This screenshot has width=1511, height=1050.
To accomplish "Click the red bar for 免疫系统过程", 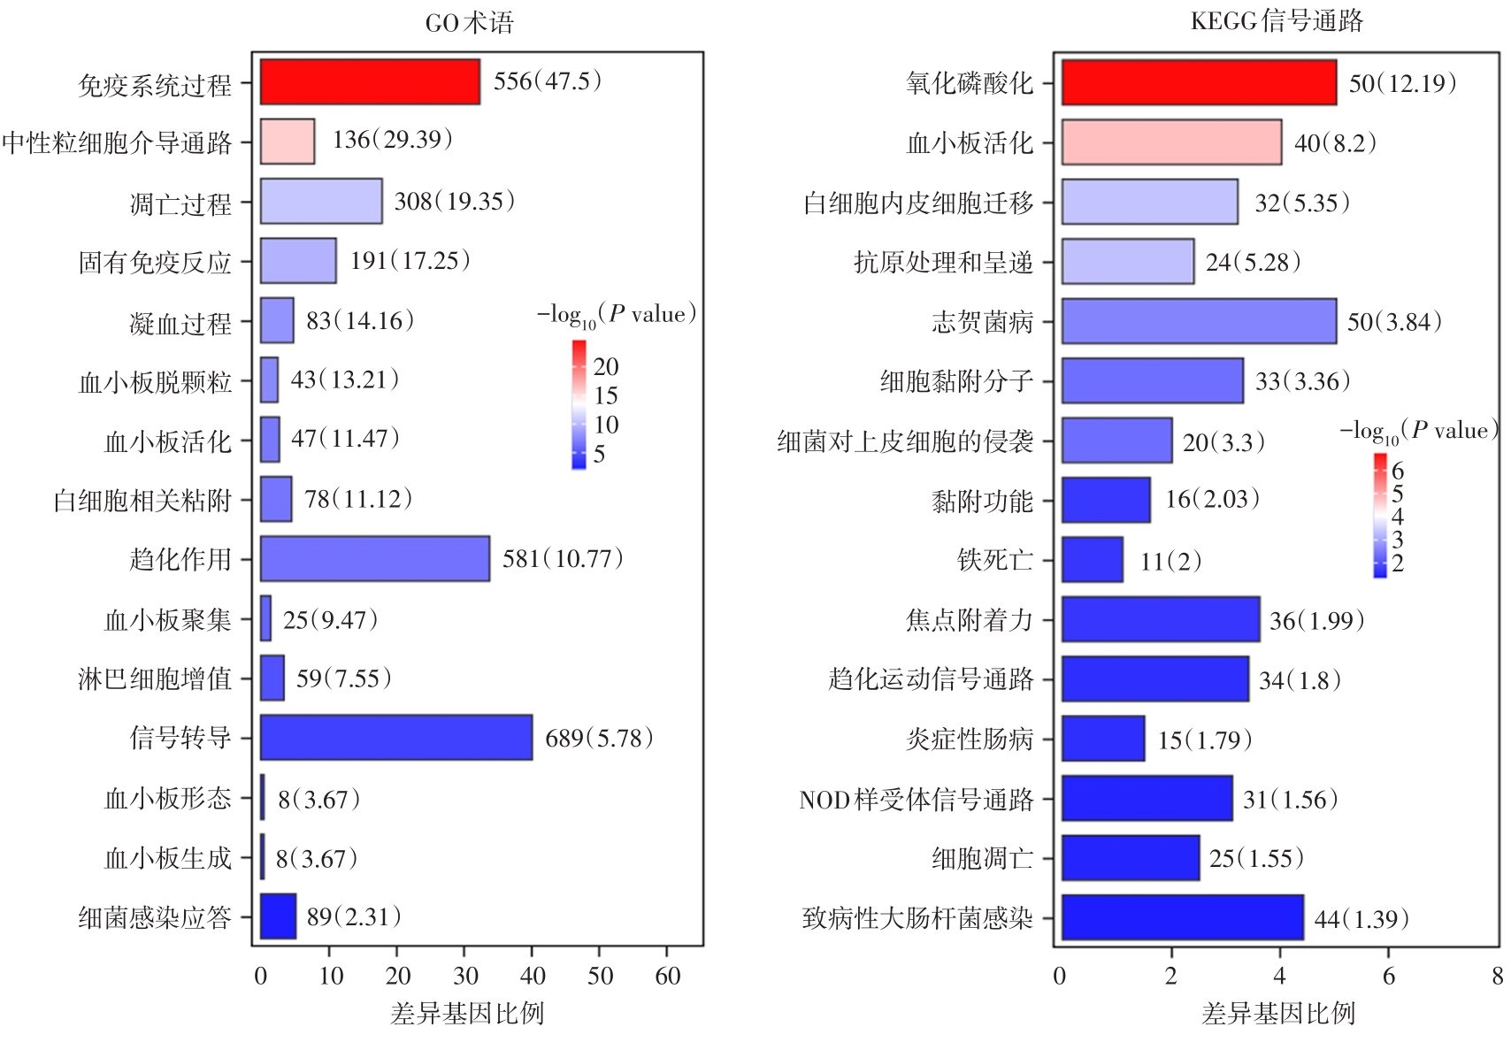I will pos(370,82).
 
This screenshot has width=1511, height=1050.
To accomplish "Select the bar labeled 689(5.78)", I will pos(396,738).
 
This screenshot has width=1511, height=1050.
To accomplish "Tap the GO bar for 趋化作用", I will pos(375,559).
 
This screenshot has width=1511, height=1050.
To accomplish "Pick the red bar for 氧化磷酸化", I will pos(1199,83).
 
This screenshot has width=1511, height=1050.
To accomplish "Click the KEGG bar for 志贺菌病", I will pos(1199,321).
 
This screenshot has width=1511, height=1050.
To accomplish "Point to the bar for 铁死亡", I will pos(1093,560).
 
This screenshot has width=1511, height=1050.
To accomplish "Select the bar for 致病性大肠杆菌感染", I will pos(1183,917).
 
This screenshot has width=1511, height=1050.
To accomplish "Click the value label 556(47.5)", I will pos(548,81).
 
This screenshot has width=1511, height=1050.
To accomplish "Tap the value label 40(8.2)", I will pos(1335,143).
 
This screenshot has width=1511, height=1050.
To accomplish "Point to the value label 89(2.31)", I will pos(354,917).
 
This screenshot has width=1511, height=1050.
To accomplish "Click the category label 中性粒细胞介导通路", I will pos(117,142).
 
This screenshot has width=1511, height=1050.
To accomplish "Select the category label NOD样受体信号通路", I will pos(916,800).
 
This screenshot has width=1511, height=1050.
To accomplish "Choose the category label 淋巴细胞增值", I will pos(155,678).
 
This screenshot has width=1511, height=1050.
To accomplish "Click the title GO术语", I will pos(469,22).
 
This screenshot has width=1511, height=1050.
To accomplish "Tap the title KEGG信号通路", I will pos(1277,21).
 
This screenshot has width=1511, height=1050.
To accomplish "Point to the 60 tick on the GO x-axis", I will pos(668,977).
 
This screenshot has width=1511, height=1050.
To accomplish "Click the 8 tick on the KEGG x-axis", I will pos(1497,977).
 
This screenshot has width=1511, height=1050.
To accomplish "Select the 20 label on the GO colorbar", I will pos(606,366).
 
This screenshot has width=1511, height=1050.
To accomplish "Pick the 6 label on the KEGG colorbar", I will pos(1398,471).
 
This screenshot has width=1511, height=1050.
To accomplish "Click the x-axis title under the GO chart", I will pos(467,1014).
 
